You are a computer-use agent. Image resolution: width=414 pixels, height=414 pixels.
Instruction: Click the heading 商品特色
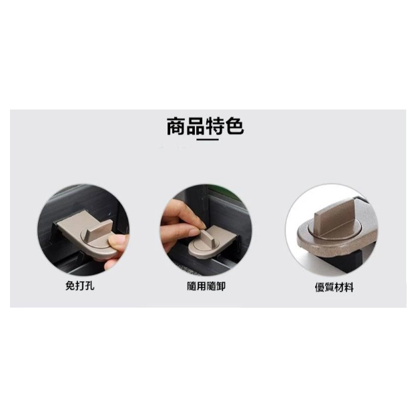[205, 126]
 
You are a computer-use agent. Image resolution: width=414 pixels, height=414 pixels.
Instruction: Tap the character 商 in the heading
[176, 126]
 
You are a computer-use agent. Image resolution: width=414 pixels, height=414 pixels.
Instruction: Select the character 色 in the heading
[234, 126]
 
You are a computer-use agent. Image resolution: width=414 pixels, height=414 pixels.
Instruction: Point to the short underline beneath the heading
[208, 140]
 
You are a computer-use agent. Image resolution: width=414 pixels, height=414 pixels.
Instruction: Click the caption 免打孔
[79, 286]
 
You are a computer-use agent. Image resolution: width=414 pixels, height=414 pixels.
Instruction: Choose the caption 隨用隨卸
[206, 286]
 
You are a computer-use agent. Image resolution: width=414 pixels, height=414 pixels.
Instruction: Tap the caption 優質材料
[334, 287]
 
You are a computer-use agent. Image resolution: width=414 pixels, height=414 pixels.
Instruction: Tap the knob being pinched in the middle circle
[205, 236]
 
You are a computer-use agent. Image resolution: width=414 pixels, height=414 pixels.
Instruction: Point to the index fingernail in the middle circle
[201, 224]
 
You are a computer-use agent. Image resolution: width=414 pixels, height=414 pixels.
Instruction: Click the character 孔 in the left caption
[89, 286]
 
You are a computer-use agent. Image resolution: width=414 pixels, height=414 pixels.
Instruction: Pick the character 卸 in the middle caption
[221, 286]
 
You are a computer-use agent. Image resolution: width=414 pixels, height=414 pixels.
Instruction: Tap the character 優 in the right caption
[319, 287]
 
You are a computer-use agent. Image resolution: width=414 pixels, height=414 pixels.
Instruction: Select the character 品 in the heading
[196, 126]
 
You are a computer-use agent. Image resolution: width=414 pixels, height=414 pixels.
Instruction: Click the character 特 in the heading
[215, 126]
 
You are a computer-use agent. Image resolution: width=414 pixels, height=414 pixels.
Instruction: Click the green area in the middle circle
[224, 192]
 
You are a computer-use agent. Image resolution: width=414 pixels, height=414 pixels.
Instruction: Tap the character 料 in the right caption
[349, 287]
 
